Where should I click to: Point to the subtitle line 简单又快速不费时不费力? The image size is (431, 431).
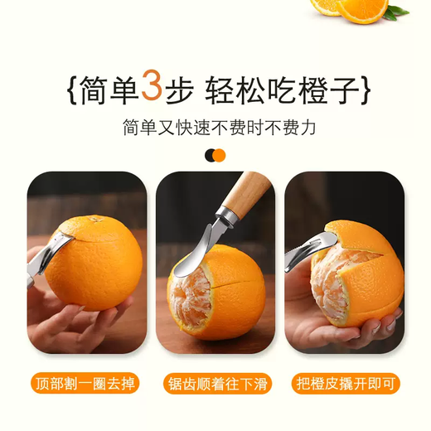[215, 128]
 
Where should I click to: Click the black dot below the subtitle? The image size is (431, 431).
[210, 155]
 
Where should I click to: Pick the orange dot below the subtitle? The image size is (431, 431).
[220, 155]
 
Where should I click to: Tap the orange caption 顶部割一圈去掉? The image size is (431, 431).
[85, 383]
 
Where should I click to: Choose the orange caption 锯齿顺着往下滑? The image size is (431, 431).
[215, 383]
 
